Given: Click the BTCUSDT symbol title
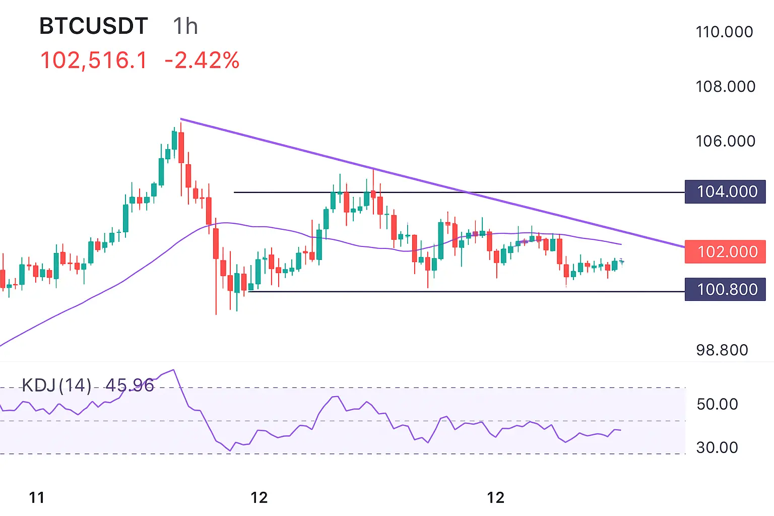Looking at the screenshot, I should click(x=94, y=26).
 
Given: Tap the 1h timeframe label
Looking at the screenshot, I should click(x=185, y=26).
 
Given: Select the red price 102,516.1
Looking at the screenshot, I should click(x=94, y=60).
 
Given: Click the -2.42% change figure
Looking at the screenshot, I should click(x=202, y=60).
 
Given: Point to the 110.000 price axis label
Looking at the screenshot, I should click(x=724, y=32).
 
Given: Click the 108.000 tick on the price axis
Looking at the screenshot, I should click(x=725, y=87).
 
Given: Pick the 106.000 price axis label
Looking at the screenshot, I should click(x=725, y=141).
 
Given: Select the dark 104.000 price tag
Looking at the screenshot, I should click(x=725, y=191).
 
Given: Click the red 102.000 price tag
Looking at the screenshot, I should click(x=725, y=251).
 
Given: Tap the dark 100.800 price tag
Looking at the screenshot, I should click(x=725, y=289).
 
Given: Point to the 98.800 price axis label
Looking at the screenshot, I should click(x=722, y=350).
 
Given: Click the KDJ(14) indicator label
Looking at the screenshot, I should click(x=56, y=385).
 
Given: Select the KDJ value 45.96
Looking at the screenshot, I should click(x=130, y=385).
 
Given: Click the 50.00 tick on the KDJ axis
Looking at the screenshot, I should click(x=717, y=404).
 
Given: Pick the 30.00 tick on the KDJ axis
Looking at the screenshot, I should click(x=717, y=447).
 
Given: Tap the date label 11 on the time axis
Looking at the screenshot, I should click(x=37, y=498).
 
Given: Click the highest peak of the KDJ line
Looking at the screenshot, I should click(x=173, y=370).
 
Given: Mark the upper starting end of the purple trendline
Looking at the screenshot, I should click(x=181, y=119).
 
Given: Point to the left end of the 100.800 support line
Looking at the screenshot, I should click(x=249, y=291).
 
